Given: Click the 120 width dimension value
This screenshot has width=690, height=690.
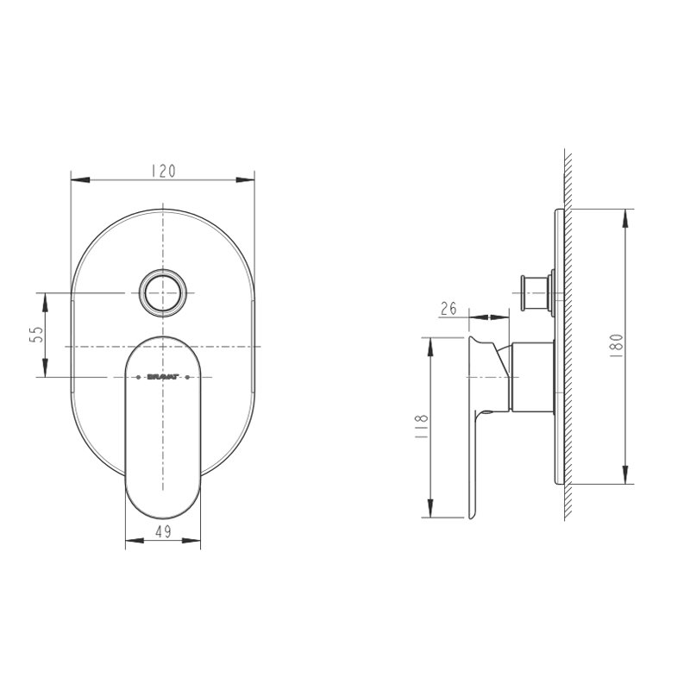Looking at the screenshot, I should [x=163, y=171].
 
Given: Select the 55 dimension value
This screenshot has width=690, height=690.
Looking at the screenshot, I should [x=36, y=336].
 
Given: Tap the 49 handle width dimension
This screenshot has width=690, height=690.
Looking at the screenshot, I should [x=164, y=532].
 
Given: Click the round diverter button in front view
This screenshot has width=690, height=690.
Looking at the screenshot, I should [x=163, y=292].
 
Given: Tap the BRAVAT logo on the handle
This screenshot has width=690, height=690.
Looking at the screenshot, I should [x=163, y=377].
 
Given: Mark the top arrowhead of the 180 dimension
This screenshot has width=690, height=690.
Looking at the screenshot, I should [x=625, y=216].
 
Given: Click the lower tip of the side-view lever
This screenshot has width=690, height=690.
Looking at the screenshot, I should [x=471, y=517].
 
